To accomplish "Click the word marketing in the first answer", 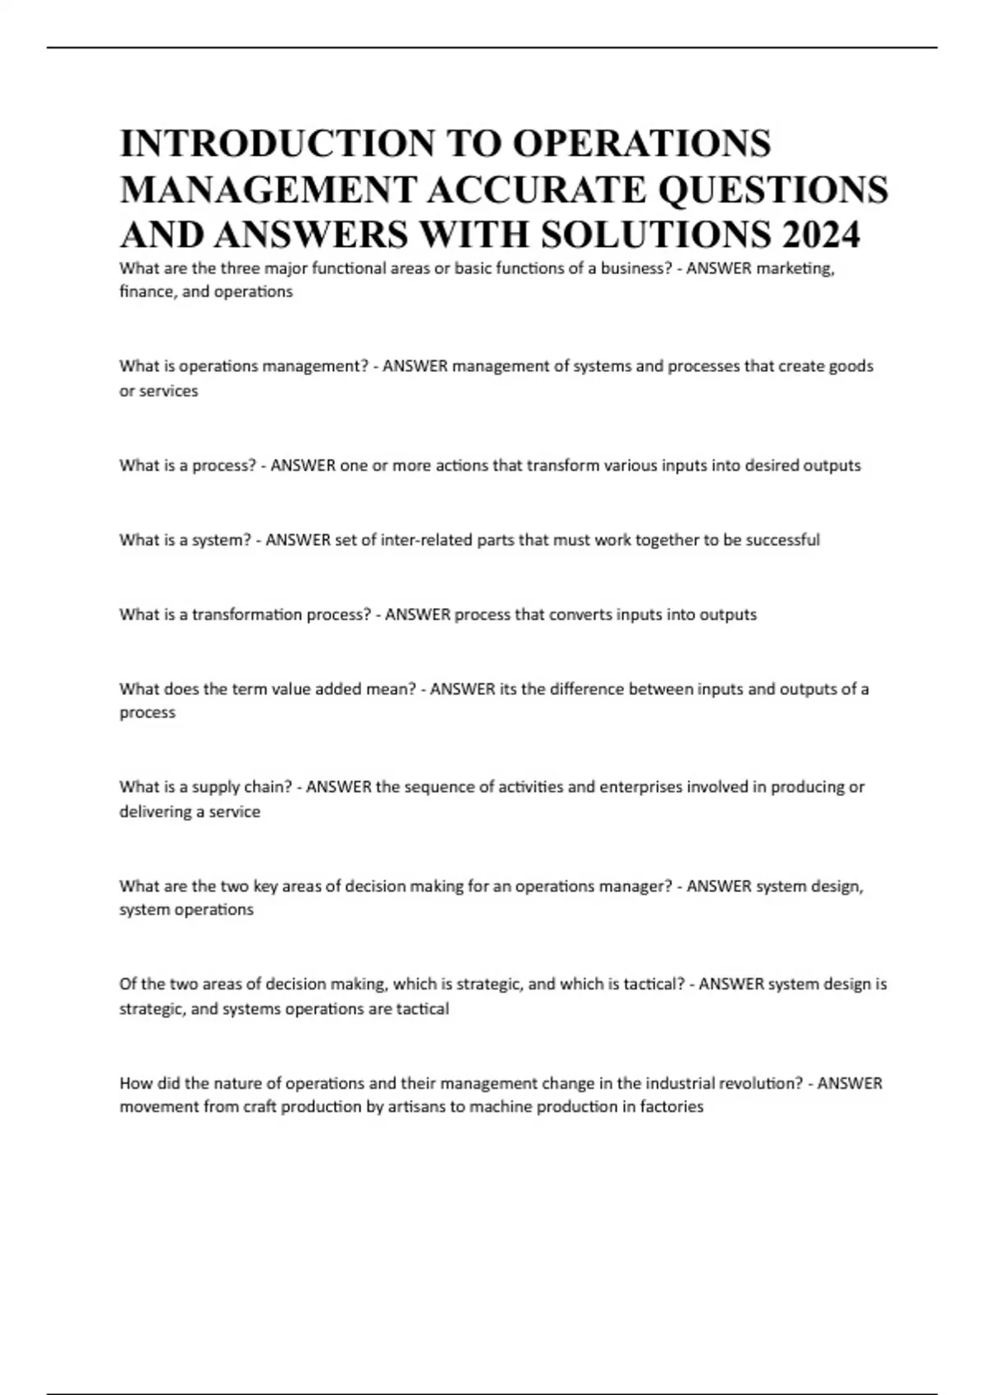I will (x=795, y=268).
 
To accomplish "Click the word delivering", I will (x=155, y=812).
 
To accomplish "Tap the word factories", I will (x=671, y=1107).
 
